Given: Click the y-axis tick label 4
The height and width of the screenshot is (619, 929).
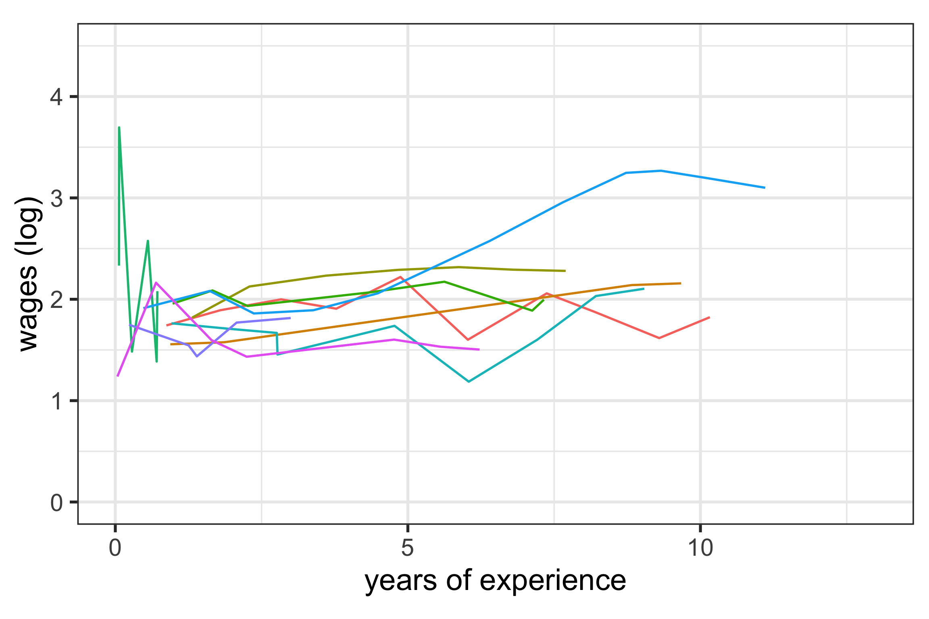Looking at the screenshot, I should (56, 97).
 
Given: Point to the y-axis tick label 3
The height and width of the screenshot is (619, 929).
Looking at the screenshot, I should (56, 199).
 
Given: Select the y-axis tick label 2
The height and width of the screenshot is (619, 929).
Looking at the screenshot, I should (56, 300).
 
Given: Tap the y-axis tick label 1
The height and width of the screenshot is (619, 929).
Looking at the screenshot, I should (56, 401).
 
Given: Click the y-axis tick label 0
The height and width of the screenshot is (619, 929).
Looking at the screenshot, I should (56, 503).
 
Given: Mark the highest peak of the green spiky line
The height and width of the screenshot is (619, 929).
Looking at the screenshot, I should (119, 128).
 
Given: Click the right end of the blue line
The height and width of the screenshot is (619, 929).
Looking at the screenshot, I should (764, 187).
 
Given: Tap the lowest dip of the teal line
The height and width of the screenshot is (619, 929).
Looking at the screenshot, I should (469, 381).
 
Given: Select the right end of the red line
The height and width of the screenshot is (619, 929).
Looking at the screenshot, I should (709, 318).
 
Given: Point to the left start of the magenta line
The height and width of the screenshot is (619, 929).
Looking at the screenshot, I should (117, 376).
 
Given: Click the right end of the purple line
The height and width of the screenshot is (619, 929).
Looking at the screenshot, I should (290, 318).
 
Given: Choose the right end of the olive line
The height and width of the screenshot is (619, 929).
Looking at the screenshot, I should (565, 271).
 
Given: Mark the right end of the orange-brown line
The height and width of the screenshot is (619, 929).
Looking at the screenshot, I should (681, 283).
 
